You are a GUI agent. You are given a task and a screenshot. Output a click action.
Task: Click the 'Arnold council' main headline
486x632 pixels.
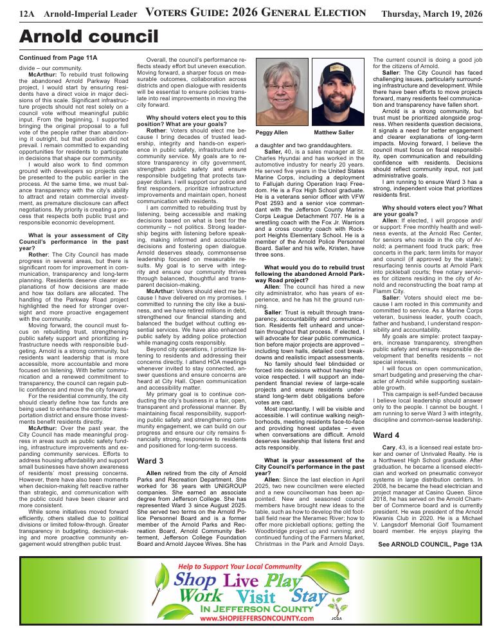pos(80,37)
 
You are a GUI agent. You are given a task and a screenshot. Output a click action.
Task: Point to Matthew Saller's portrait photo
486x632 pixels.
pos(337,93)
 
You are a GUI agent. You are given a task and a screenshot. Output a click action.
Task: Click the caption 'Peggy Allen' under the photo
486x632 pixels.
pos(273,132)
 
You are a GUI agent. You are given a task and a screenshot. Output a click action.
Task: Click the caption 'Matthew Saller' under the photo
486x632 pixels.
pos(334,132)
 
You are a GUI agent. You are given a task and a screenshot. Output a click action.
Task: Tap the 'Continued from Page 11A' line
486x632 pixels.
pos(59,58)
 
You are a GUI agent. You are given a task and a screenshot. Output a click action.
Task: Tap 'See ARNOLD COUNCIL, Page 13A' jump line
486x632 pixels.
pos(430,545)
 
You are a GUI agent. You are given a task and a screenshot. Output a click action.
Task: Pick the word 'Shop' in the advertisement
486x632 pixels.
pos(194,580)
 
